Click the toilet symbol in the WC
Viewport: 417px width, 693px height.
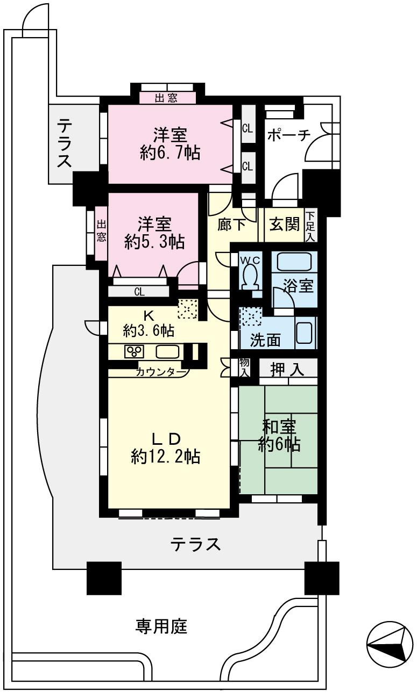pos(250,276)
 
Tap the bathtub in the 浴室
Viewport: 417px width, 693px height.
pos(294,262)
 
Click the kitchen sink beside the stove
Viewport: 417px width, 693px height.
pos(168,352)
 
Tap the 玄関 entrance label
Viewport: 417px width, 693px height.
pos(284,224)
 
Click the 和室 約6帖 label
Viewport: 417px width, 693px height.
pos(278,434)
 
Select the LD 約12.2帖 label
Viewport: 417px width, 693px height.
pos(165,447)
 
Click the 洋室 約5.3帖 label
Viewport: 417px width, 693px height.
pos(154,232)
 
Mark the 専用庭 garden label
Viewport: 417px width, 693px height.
pos(161,626)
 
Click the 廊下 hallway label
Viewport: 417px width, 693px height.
pos(232,225)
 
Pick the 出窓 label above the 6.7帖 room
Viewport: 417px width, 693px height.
pos(167,98)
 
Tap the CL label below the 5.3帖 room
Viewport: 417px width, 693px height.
pos(139,292)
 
